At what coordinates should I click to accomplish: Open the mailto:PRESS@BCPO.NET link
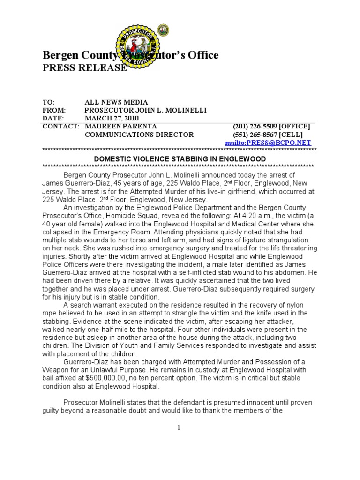click(x=268, y=142)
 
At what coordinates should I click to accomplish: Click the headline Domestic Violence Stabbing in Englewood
click(x=180, y=159)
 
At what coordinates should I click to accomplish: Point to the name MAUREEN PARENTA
click(x=120, y=127)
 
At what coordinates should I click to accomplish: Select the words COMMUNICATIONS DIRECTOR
click(x=139, y=135)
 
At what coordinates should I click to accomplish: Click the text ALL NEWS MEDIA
click(x=116, y=102)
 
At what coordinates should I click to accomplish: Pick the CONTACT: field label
click(x=61, y=127)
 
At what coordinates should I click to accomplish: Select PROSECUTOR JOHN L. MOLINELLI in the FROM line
click(x=145, y=110)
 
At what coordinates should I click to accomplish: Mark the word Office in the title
click(x=203, y=56)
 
